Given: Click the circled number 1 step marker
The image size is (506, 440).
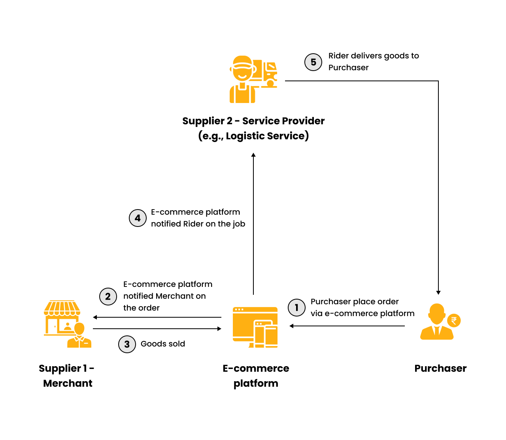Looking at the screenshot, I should point(296,308).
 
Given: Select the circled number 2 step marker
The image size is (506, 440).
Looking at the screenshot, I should point(108,296).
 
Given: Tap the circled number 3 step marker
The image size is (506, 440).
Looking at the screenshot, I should point(127,344).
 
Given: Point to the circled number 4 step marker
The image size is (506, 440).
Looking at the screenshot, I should point(138,218).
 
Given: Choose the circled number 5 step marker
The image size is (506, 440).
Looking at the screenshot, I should point(313,62).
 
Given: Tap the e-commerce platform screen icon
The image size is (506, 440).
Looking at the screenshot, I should point(255,327).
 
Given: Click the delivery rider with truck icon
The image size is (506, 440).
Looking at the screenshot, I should point(253,79).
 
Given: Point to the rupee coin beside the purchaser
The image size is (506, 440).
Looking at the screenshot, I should point(454,320).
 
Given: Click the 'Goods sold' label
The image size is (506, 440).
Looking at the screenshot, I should point(163,344).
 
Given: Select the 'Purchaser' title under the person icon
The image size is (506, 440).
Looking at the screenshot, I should point(440,368).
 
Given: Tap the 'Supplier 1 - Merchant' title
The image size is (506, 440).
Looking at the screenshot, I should point(67,376).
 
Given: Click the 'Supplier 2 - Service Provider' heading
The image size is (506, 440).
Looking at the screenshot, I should point(253,121).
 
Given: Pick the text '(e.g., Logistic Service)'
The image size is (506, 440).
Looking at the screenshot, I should point(253,136).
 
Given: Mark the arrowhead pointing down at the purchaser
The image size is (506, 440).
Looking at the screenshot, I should point(438,292).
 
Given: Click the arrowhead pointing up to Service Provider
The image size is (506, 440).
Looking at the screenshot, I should point(253,155).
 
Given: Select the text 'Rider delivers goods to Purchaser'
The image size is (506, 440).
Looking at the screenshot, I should point(374,62).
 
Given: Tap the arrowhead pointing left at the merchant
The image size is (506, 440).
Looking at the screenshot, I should point(95,317).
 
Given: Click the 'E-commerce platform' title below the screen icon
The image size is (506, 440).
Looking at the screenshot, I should point(256,376).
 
